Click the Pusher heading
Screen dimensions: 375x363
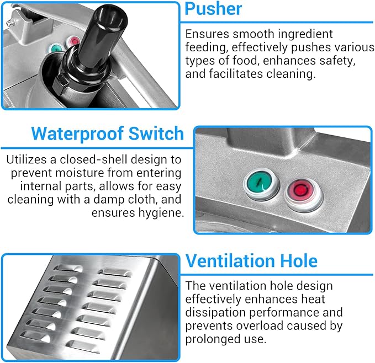click(x=213, y=9)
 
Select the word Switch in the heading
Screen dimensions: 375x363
click(x=156, y=134)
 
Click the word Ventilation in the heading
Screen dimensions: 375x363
click(x=230, y=261)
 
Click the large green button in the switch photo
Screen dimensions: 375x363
click(x=261, y=183)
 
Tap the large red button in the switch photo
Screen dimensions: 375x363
click(x=303, y=193)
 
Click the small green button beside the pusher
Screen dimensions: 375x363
click(x=56, y=49)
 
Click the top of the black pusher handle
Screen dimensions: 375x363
click(x=111, y=15)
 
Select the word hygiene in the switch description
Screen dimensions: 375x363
click(x=161, y=213)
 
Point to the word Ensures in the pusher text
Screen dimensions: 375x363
click(x=207, y=34)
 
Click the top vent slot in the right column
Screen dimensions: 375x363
click(x=115, y=273)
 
